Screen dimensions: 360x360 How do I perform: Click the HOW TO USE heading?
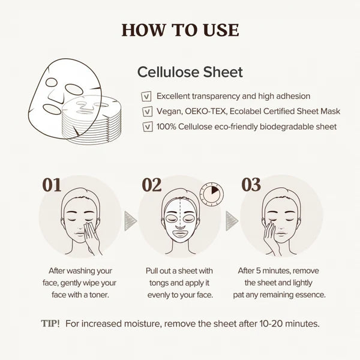click(180, 30)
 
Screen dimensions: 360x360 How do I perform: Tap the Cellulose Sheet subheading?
click(190, 72)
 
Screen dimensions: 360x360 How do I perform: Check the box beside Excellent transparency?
click(146, 97)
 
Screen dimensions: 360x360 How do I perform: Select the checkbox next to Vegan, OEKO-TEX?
click(148, 112)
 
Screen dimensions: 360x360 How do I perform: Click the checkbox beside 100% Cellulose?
click(148, 127)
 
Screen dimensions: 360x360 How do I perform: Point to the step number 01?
click(52, 185)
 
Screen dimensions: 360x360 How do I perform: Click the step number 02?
click(152, 185)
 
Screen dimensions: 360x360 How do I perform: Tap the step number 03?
click(251, 184)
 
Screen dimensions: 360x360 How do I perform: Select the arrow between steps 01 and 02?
click(130, 221)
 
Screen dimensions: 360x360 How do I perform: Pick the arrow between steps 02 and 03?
click(232, 221)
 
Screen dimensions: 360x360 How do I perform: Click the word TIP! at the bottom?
click(50, 323)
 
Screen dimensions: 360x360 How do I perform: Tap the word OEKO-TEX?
click(205, 112)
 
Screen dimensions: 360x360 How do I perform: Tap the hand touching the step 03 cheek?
click(272, 238)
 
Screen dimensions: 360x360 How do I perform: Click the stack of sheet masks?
click(92, 120)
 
